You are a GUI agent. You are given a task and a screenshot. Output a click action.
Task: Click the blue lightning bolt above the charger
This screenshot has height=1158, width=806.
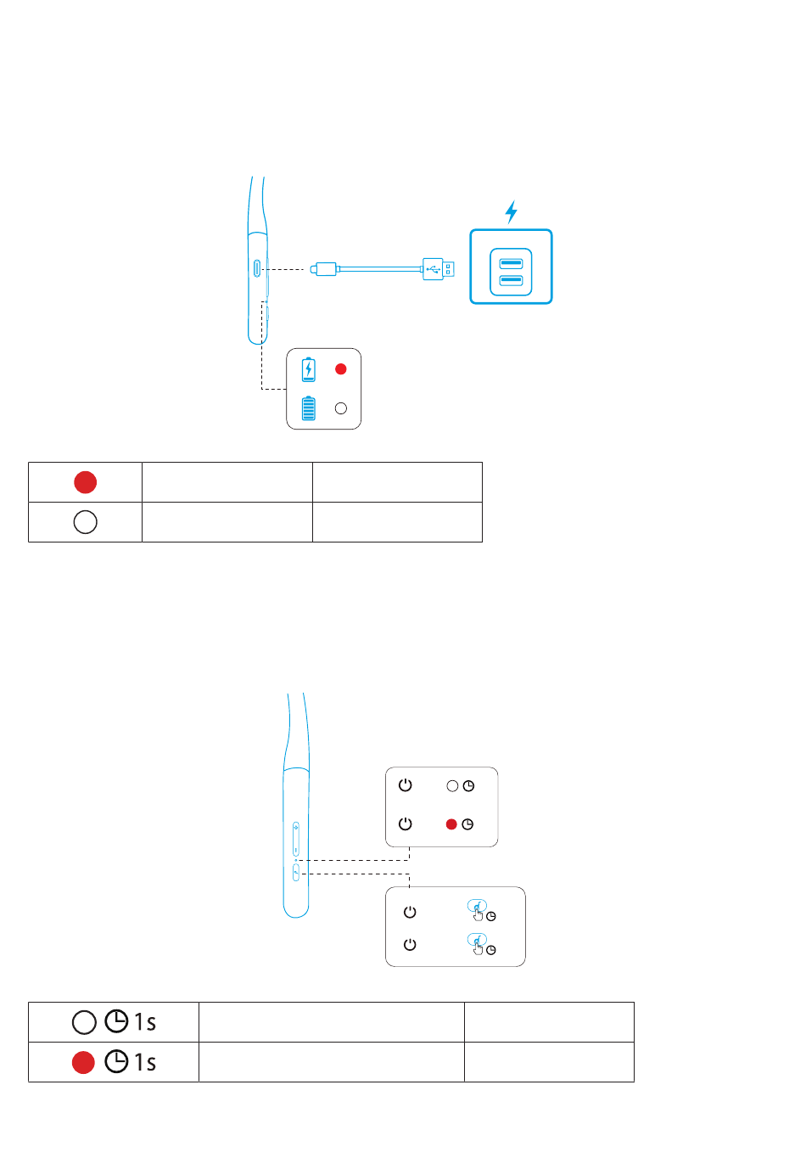click(x=511, y=212)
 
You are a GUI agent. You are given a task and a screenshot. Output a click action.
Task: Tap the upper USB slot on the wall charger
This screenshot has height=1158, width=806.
click(x=511, y=264)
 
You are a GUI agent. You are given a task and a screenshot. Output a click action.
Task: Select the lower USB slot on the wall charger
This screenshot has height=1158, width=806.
click(x=511, y=280)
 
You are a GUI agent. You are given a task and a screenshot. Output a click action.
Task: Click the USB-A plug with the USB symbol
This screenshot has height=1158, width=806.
click(x=438, y=269)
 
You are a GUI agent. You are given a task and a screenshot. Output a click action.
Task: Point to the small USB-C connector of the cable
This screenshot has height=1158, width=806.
click(x=323, y=269)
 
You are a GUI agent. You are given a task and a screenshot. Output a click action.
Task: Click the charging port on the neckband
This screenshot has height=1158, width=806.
click(x=257, y=269)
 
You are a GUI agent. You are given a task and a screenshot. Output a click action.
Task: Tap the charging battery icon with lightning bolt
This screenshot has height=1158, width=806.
click(x=309, y=369)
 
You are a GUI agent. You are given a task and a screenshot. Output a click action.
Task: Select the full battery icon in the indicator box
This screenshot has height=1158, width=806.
click(x=309, y=408)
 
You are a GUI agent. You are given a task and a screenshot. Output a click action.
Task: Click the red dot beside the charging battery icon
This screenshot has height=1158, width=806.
click(x=340, y=369)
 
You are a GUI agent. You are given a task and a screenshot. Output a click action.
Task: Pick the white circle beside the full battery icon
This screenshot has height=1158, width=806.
click(x=340, y=408)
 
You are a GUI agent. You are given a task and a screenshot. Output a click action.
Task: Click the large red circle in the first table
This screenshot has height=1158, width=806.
click(x=85, y=482)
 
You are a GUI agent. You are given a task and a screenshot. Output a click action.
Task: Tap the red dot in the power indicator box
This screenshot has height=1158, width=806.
click(x=451, y=824)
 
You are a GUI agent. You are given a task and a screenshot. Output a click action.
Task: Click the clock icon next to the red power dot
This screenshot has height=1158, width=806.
click(x=467, y=824)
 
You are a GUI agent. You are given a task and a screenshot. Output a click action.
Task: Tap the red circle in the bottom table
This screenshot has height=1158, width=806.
click(x=83, y=1062)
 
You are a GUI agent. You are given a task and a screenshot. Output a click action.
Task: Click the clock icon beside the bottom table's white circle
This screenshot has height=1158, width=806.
click(x=116, y=1021)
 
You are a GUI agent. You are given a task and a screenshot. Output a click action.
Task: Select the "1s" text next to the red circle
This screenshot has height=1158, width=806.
click(x=145, y=1062)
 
